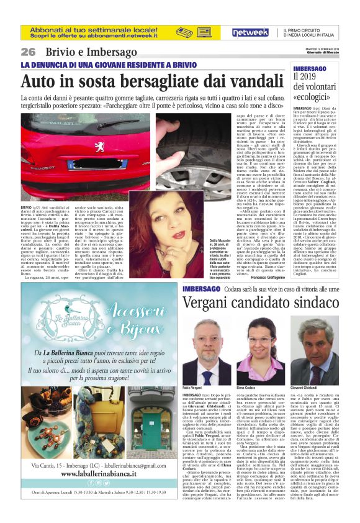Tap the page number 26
click(29, 52)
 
